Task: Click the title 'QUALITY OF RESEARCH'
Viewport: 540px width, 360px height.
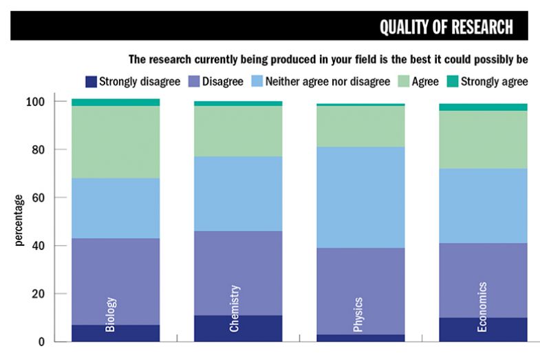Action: pos(446,26)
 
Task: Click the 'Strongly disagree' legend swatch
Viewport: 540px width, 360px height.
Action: pos(89,81)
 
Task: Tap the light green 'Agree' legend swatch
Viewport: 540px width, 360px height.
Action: pos(404,81)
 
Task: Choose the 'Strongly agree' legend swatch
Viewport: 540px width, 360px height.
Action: pos(451,81)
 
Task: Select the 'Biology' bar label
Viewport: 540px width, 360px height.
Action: pos(111,315)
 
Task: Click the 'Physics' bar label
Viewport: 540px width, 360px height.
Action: pos(358,314)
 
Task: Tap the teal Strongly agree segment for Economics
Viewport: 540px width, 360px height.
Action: pos(483,107)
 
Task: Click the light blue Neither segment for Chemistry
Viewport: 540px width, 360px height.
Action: pos(238,193)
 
